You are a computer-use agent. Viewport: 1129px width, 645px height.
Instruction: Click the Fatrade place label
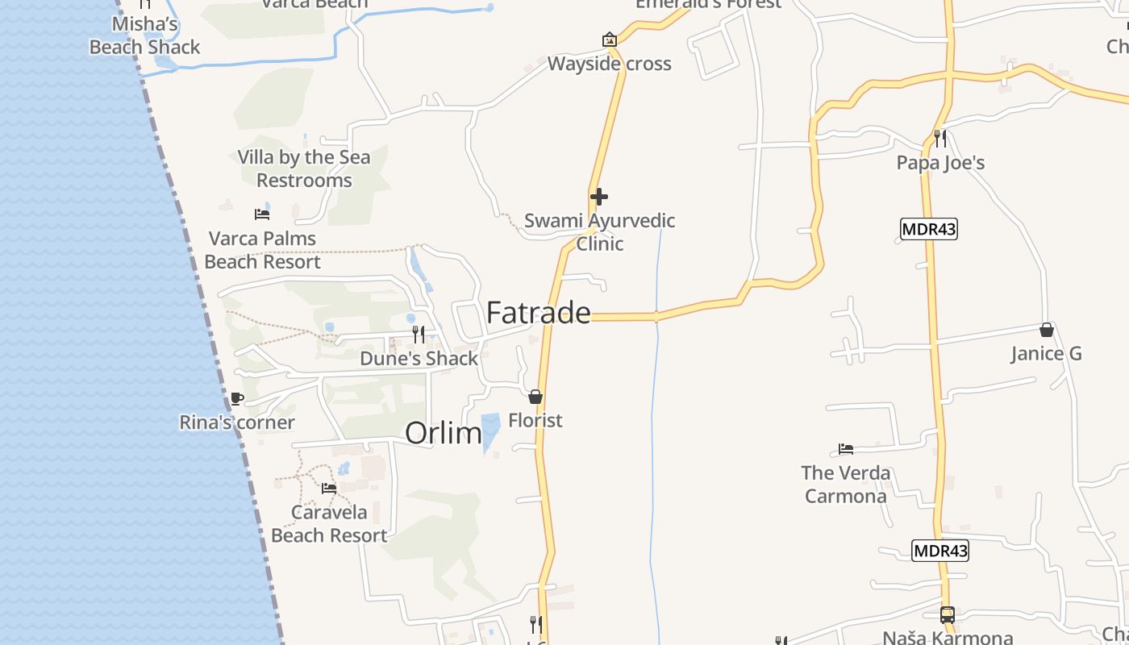pos(538,313)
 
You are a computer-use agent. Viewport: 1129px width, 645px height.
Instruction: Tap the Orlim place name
pos(443,433)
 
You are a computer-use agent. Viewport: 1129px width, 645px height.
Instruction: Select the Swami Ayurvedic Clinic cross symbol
pos(598,197)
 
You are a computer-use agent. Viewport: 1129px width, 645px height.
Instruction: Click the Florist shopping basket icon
pos(535,397)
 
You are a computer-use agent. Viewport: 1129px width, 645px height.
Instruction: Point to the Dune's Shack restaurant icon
pos(419,334)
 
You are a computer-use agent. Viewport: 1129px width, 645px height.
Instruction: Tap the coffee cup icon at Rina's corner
pos(236,398)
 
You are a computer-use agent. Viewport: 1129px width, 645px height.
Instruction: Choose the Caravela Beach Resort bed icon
pos(328,488)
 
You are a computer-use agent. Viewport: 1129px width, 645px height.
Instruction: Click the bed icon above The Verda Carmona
pos(845,449)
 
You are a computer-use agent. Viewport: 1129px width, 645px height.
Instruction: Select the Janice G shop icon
pos(1046,330)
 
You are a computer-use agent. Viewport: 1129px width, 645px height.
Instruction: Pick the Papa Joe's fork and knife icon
pos(940,139)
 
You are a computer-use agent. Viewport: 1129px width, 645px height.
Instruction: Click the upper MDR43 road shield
pos(929,229)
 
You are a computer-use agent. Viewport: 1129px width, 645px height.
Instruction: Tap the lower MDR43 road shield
pos(940,551)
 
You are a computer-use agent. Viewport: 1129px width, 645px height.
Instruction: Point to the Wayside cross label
pos(609,64)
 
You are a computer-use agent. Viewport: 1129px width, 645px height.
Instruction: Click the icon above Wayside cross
pos(609,39)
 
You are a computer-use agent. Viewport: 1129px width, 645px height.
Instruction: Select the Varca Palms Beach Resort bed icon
pos(262,214)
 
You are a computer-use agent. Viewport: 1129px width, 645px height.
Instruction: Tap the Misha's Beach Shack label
pos(144,35)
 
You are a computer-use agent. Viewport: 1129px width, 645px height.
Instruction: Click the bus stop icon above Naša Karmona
pos(947,614)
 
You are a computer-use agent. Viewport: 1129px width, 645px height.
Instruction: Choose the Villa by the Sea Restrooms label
pos(304,169)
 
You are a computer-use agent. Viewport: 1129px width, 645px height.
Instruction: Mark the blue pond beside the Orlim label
pos(490,431)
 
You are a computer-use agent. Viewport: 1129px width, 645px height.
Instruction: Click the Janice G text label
pos(1046,354)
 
